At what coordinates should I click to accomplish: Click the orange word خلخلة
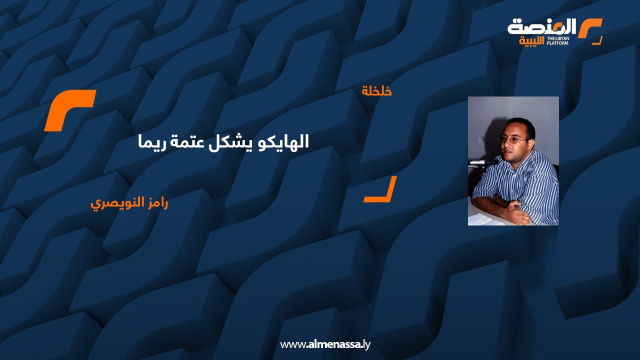coord(376,91)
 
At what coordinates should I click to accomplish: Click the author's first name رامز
coord(156,203)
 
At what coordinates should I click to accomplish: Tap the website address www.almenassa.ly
coord(325,344)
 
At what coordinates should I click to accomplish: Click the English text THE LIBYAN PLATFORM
coord(558,41)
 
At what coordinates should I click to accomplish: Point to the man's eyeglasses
coord(513,140)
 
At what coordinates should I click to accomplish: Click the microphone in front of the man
coord(483,162)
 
